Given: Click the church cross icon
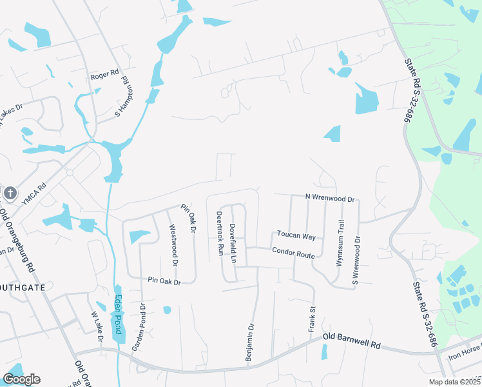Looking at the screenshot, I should (9, 193).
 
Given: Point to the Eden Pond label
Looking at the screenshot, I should (118, 314).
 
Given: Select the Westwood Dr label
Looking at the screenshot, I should (173, 244).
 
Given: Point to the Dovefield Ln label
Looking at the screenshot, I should (234, 243).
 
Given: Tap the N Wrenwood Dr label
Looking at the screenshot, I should (330, 198).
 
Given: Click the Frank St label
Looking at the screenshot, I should (313, 320).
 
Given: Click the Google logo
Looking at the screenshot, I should (21, 379).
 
